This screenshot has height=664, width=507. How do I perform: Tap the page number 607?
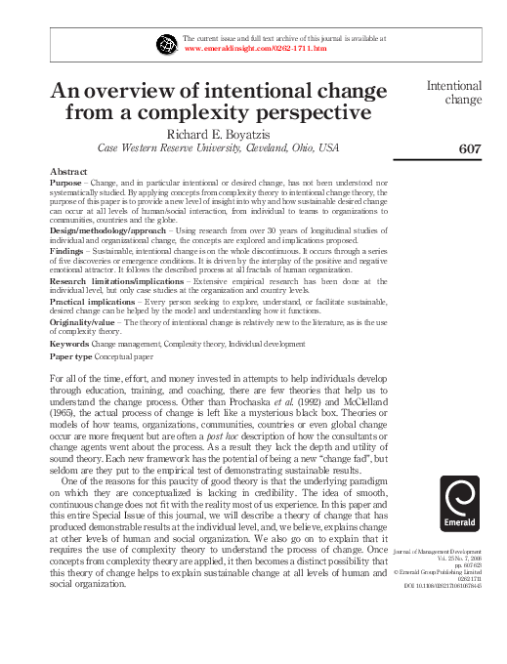[x=470, y=148]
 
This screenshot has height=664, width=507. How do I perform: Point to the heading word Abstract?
[x=68, y=171]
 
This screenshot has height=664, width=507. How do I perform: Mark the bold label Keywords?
[x=71, y=343]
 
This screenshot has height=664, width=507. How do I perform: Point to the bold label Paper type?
[x=71, y=356]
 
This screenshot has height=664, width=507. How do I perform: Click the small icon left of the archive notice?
[x=164, y=43]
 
